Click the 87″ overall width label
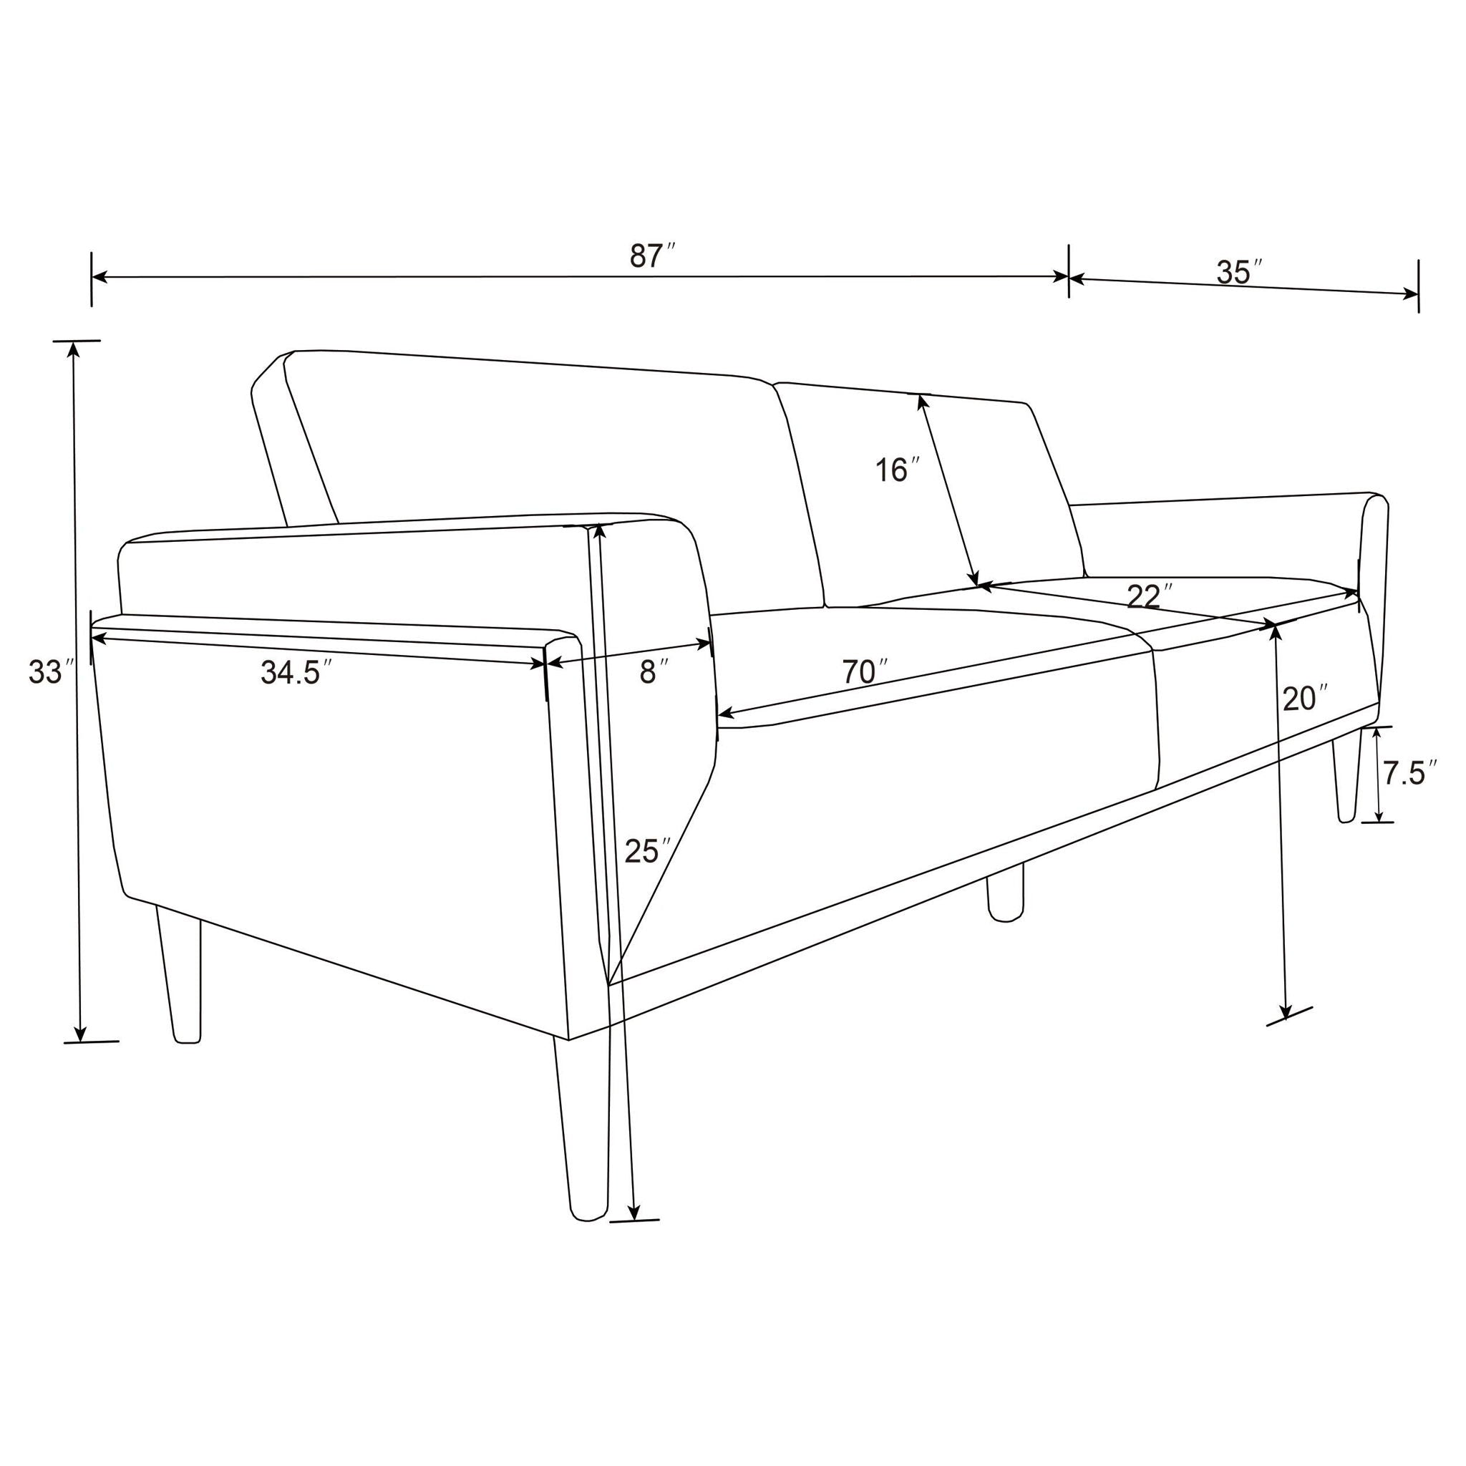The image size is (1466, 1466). [x=651, y=256]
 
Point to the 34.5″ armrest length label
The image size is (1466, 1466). [x=296, y=673]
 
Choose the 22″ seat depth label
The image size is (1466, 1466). [x=1149, y=597]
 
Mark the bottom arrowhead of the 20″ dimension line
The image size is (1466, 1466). [x=1286, y=1012]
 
